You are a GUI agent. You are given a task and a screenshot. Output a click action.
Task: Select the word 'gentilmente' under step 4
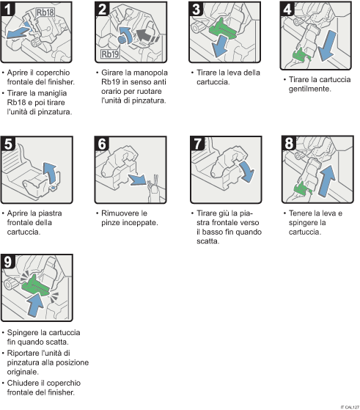pos(312,89)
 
